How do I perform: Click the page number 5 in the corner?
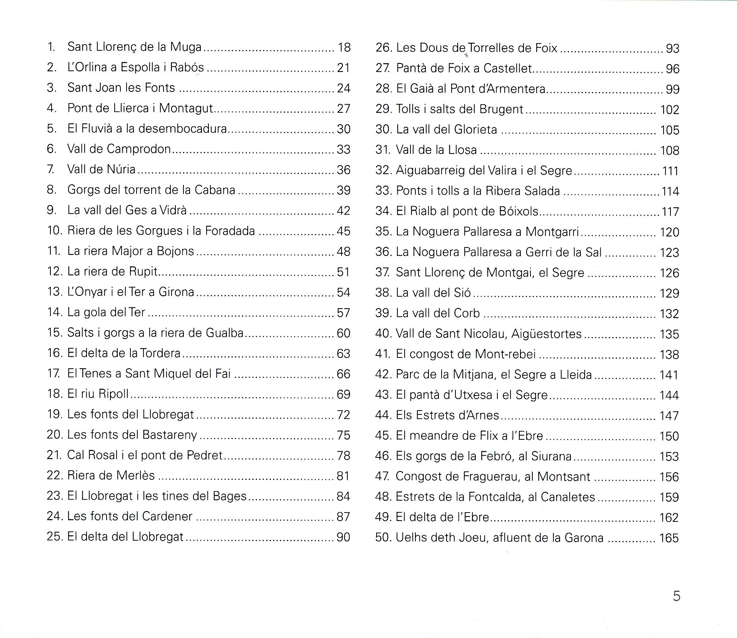pyautogui.click(x=676, y=596)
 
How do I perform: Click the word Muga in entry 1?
pyautogui.click(x=186, y=47)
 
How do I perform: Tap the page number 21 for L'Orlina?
pyautogui.click(x=343, y=68)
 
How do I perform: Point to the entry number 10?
pyautogui.click(x=55, y=230)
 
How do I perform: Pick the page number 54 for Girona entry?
pyautogui.click(x=343, y=292)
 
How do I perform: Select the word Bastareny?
pyautogui.click(x=170, y=435)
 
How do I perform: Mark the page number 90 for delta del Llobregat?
pyautogui.click(x=343, y=537)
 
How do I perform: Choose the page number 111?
pyautogui.click(x=670, y=171)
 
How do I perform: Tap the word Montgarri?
pyautogui.click(x=552, y=232)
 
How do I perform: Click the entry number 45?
pyautogui.click(x=384, y=436)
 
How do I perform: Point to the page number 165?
pyautogui.click(x=669, y=538)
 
